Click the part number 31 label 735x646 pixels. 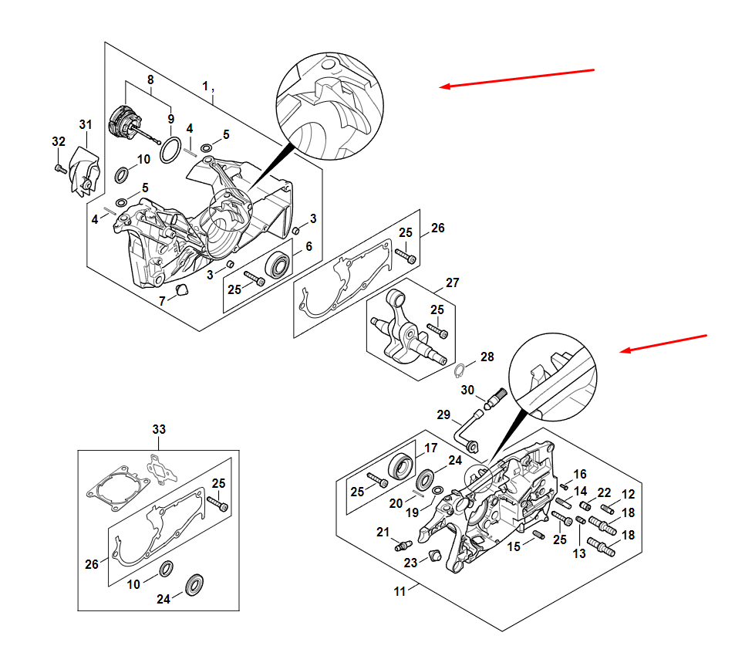tap(85, 124)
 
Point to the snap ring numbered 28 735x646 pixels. tap(457, 367)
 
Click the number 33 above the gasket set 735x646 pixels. tap(159, 428)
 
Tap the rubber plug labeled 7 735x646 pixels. tap(183, 290)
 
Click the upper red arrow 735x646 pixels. tap(517, 78)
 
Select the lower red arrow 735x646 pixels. tap(665, 343)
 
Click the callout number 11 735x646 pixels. tap(400, 592)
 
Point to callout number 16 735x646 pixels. tap(580, 474)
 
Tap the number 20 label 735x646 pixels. tap(396, 504)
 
